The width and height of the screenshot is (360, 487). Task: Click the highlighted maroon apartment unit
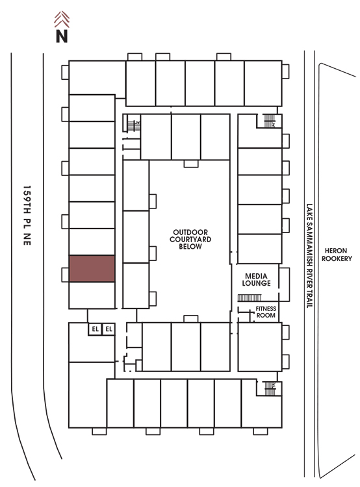[x=92, y=269]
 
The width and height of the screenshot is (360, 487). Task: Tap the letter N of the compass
[x=62, y=36]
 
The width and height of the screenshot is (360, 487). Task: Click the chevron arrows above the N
[x=62, y=19]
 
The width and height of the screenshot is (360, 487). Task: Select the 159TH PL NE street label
[x=27, y=216]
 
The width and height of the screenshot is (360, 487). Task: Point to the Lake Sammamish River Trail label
[x=309, y=256]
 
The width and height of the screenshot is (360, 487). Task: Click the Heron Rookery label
[x=337, y=255]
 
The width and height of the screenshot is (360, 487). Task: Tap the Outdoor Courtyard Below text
[x=190, y=239]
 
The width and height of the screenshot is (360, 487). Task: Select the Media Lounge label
[x=256, y=279]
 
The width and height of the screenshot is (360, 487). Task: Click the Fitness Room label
[x=266, y=312]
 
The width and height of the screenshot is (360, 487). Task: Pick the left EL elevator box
[x=95, y=329]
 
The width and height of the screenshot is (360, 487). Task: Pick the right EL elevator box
[x=109, y=329]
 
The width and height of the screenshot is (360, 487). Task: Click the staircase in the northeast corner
[x=269, y=121]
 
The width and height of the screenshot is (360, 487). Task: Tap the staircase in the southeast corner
[x=270, y=388]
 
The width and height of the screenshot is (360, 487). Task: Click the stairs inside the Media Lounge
[x=250, y=298]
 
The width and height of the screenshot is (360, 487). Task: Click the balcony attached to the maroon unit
[x=65, y=275]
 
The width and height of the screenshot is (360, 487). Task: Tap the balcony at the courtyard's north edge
[x=191, y=164]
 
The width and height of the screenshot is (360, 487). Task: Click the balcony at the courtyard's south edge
[x=191, y=319]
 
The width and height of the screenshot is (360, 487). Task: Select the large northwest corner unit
[x=97, y=78]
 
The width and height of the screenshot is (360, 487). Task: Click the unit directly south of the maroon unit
[x=92, y=295]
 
